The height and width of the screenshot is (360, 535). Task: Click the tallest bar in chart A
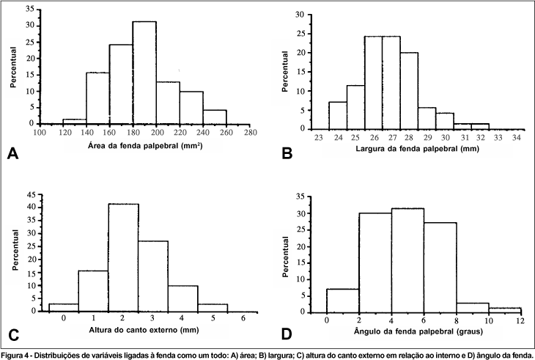click(144, 73)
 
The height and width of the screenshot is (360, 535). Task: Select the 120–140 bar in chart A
click(74, 121)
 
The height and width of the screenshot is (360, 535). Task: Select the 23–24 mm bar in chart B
click(338, 115)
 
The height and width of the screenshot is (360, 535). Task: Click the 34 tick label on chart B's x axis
click(517, 137)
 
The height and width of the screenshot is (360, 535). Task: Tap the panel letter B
click(287, 153)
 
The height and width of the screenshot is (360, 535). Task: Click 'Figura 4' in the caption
click(15, 355)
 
